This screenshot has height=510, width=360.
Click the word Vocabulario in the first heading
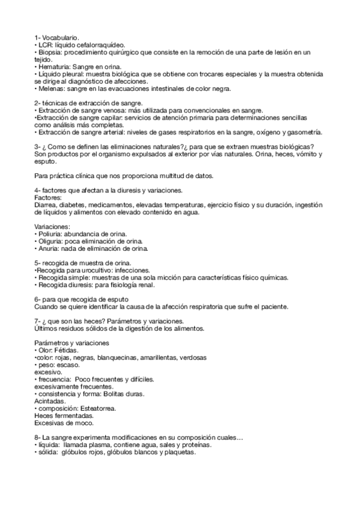coord(60,38)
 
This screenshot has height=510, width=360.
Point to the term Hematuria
coord(53,67)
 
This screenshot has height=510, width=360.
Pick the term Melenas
coord(51,88)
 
